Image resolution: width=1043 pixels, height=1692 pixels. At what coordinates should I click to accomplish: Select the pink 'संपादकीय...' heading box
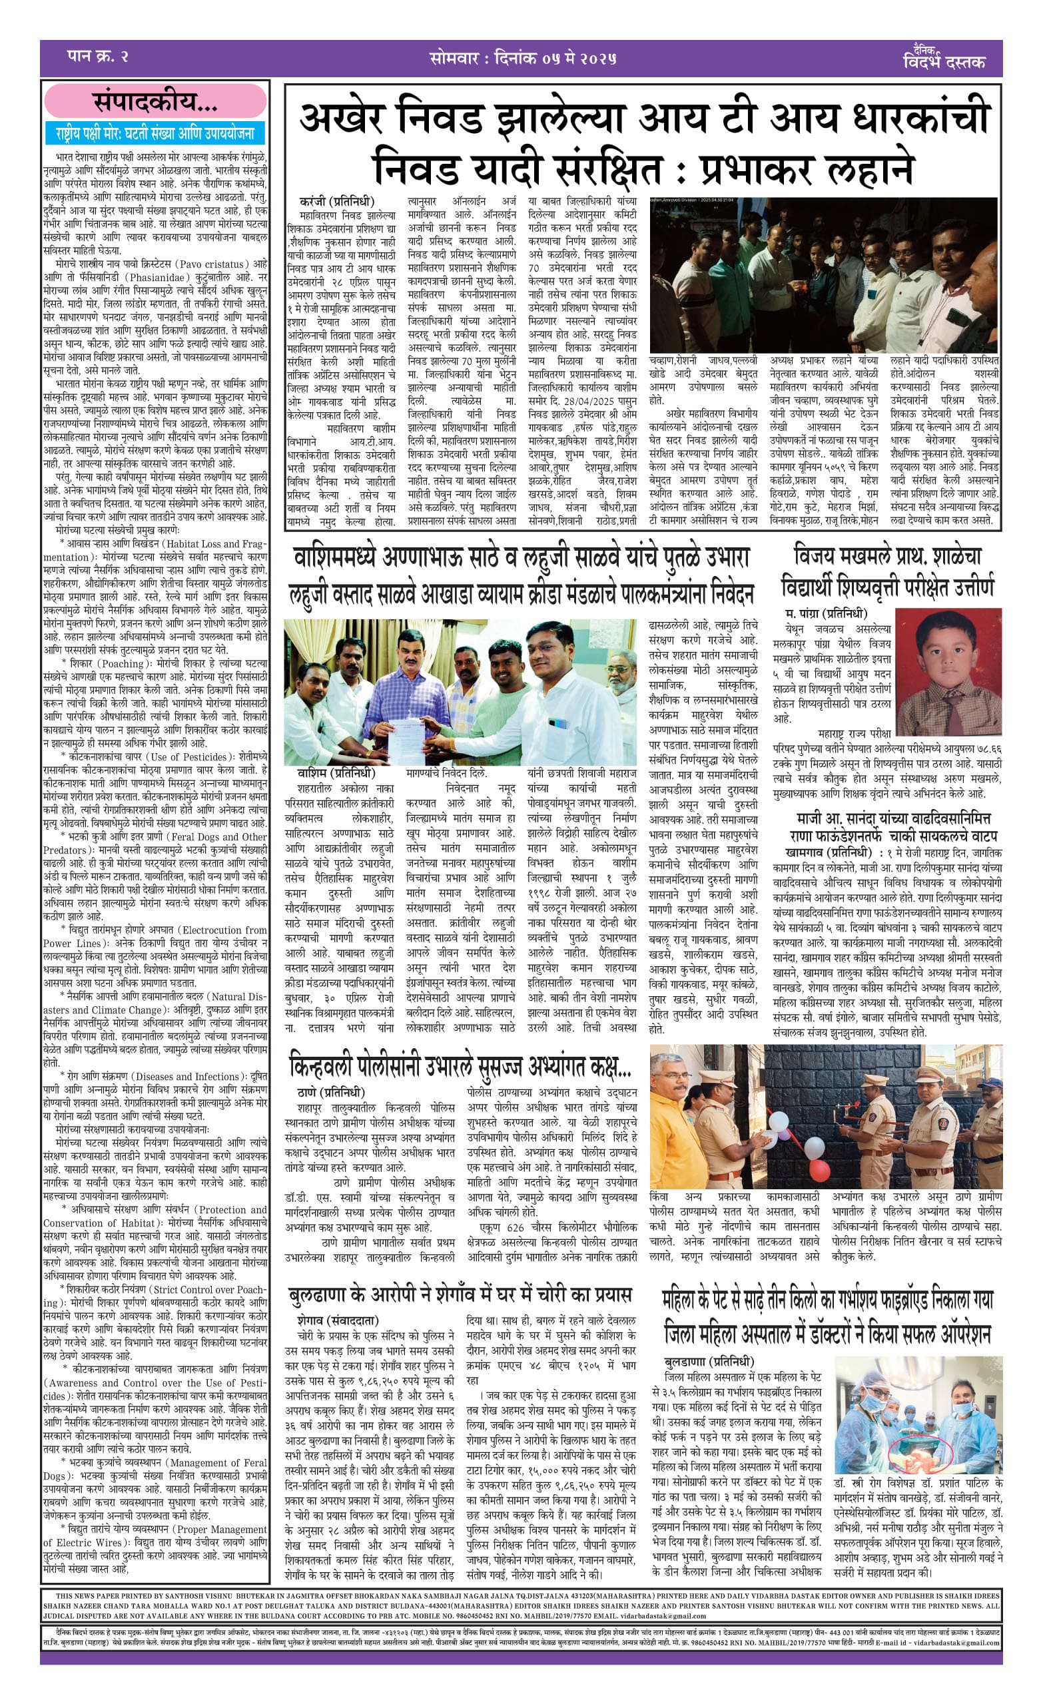pos(155,102)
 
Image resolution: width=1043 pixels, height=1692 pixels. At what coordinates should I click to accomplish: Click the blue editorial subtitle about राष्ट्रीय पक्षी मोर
pos(155,133)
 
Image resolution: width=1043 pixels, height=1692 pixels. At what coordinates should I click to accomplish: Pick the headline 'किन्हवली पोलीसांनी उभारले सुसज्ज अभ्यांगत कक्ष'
pos(461,1067)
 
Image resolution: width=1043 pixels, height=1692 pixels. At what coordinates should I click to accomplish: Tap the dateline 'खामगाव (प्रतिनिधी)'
pos(829,853)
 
